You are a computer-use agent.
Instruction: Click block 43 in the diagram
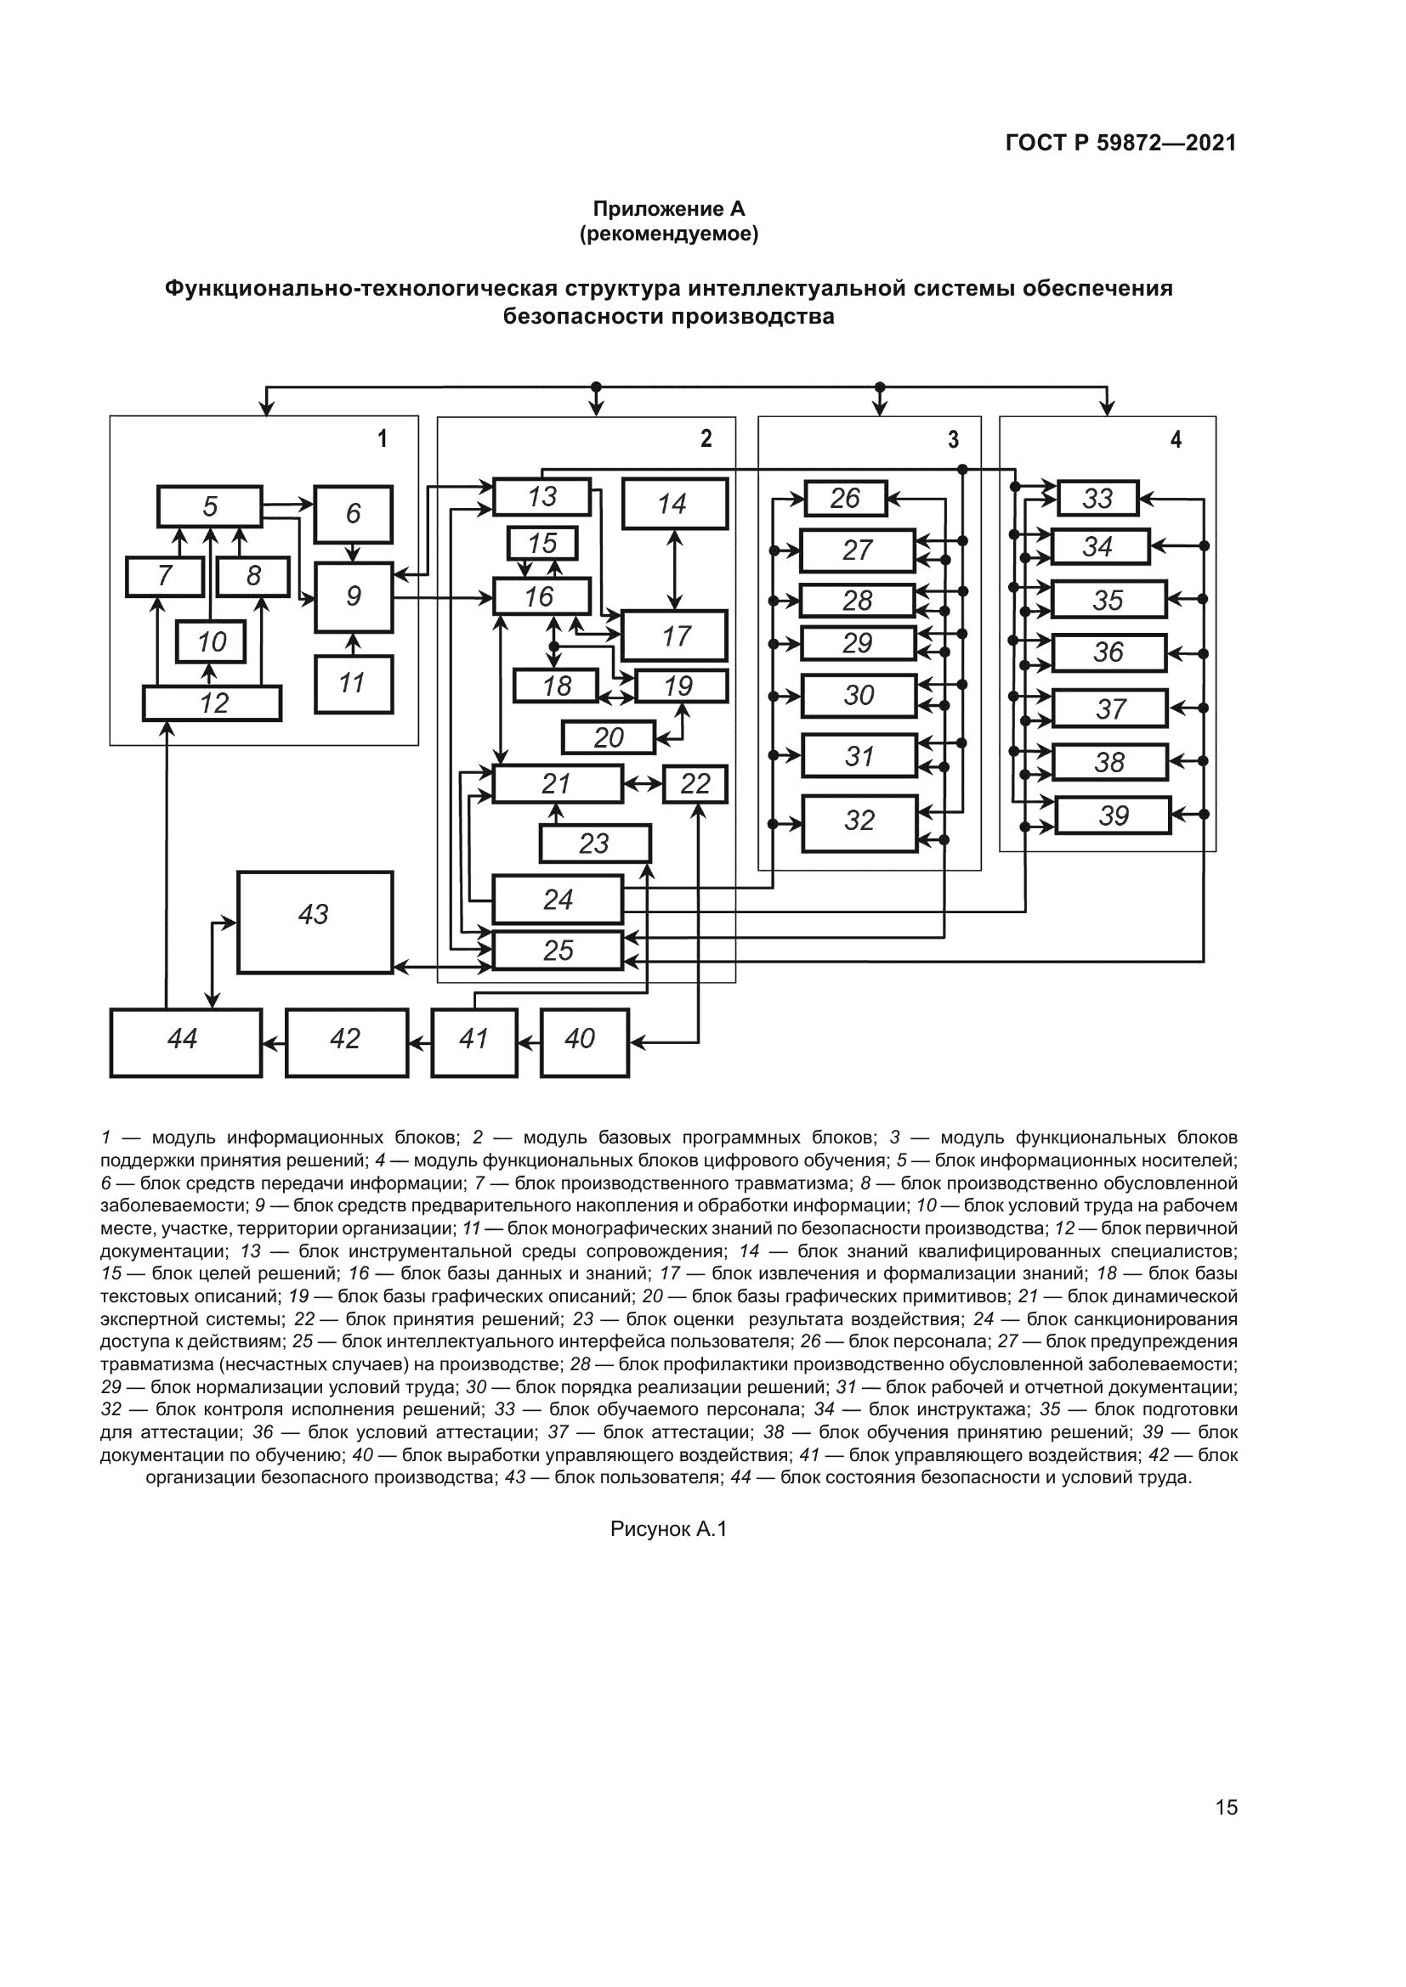315,923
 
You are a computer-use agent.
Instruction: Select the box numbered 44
185,1042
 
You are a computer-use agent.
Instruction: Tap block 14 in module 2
674,504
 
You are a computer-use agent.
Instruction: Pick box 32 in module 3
859,823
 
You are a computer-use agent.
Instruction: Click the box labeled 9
354,597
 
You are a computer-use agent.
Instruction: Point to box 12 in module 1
213,703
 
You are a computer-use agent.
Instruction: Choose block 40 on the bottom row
584,1042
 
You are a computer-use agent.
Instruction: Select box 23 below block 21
595,844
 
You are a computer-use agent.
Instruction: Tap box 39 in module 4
1113,816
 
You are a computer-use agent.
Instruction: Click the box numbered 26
845,499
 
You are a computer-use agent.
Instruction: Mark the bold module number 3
953,440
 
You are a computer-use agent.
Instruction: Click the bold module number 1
382,438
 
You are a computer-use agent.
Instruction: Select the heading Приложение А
668,209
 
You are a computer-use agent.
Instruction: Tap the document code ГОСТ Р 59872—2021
1120,143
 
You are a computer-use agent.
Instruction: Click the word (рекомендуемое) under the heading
668,234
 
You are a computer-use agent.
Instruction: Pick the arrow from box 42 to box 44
274,1044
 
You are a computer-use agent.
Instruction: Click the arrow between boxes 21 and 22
643,784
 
